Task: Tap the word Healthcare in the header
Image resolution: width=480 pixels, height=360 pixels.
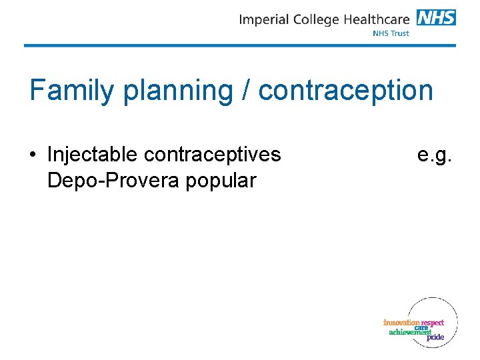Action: [378, 19]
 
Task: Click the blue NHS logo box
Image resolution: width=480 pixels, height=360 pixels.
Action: [436, 17]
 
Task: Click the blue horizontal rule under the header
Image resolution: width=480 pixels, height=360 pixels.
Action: [240, 45]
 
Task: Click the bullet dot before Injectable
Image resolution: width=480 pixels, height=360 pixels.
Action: [33, 155]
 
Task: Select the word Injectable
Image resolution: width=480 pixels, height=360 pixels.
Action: [93, 155]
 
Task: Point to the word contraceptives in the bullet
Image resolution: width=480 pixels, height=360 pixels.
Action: [212, 155]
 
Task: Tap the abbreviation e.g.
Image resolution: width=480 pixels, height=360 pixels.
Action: [435, 156]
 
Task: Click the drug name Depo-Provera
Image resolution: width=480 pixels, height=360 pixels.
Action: [112, 180]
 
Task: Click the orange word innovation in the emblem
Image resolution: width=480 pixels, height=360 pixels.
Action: [401, 323]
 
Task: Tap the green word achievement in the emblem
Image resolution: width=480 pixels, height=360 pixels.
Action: [410, 332]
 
